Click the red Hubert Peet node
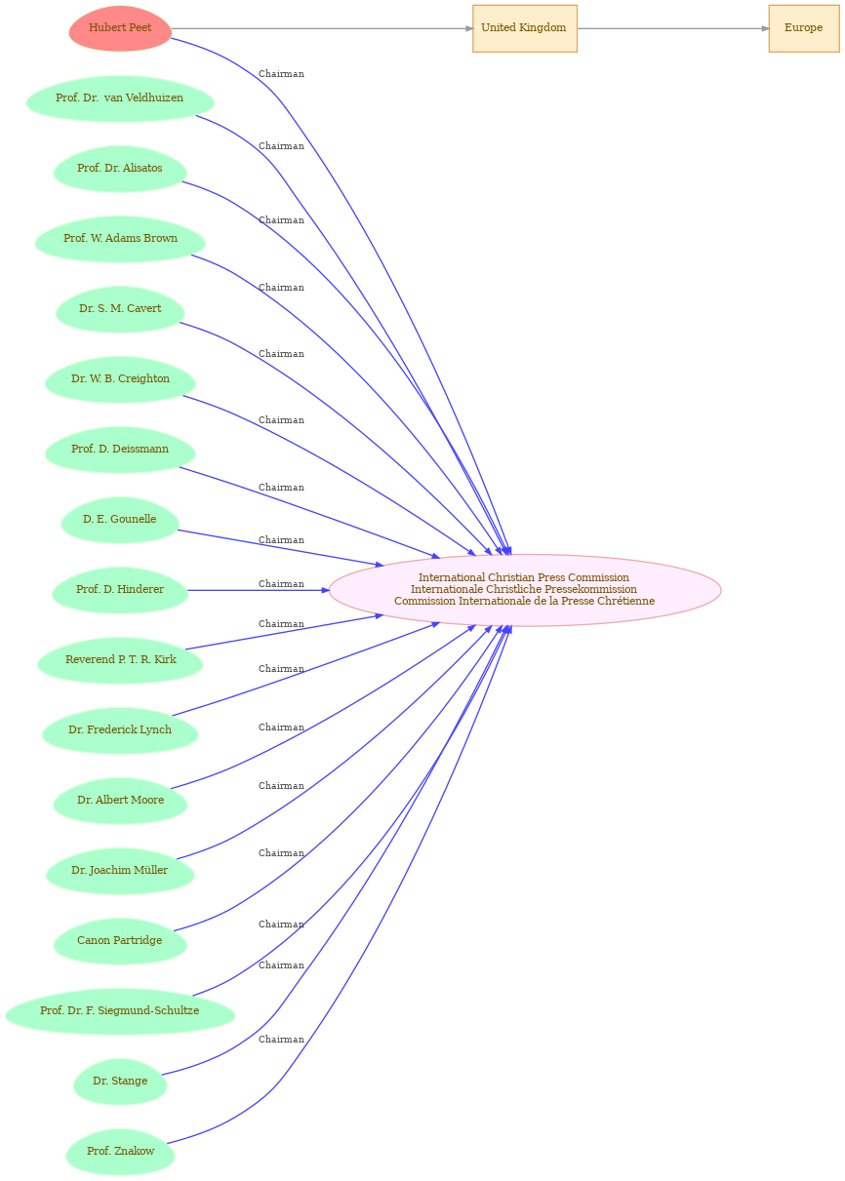pyautogui.click(x=120, y=28)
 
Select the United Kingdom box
pyautogui.click(x=525, y=28)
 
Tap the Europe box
pyautogui.click(x=804, y=28)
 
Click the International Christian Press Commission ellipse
pyautogui.click(x=525, y=590)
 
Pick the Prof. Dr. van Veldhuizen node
pyautogui.click(x=120, y=98)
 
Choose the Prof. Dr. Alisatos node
pyautogui.click(x=120, y=169)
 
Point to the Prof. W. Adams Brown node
pyautogui.click(x=120, y=239)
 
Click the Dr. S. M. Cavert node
pyautogui.click(x=120, y=309)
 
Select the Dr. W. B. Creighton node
pyautogui.click(x=120, y=379)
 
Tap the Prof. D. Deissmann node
pyautogui.click(x=120, y=450)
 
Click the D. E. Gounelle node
pyautogui.click(x=120, y=520)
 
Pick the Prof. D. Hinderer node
pyautogui.click(x=120, y=590)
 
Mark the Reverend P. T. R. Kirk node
pyautogui.click(x=120, y=660)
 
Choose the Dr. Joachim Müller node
pyautogui.click(x=120, y=871)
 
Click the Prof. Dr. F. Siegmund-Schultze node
pyautogui.click(x=120, y=1010)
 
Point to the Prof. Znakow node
pyautogui.click(x=120, y=1152)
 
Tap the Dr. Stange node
pyautogui.click(x=120, y=1081)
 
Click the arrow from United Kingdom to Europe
pyautogui.click(x=673, y=28)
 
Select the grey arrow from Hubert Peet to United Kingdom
pyautogui.click(x=322, y=28)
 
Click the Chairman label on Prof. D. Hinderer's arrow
pyautogui.click(x=281, y=584)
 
